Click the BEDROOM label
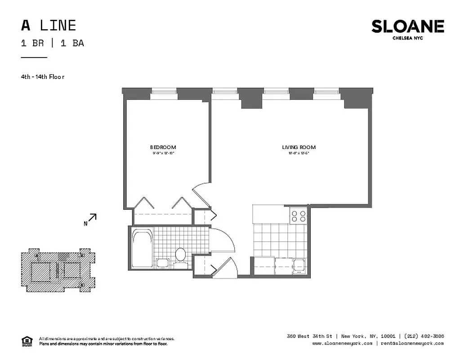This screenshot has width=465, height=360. (163, 147)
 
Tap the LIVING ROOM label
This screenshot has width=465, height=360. (299, 147)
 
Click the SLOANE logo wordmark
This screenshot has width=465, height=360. (407, 27)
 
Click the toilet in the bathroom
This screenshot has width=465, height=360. (180, 254)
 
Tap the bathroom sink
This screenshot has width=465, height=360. (161, 263)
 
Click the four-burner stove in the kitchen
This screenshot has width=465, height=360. (298, 216)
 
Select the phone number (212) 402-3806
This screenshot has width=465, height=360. (424, 336)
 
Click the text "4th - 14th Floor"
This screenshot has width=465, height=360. (43, 76)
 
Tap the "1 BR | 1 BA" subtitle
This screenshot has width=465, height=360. (52, 43)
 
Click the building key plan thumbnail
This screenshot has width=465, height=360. (58, 270)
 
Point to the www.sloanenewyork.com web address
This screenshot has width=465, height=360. (342, 343)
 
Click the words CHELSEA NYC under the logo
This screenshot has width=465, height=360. (407, 38)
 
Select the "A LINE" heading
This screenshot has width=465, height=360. (49, 25)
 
